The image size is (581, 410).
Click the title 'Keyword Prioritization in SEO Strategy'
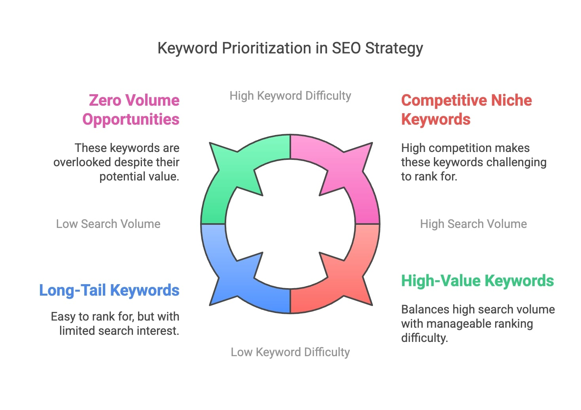pyautogui.click(x=290, y=48)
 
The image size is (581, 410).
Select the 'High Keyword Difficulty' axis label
pyautogui.click(x=290, y=96)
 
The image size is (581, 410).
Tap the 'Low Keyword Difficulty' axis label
pyautogui.click(x=290, y=352)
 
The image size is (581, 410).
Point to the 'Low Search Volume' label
pyautogui.click(x=108, y=224)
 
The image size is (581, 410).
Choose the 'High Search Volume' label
pyautogui.click(x=473, y=224)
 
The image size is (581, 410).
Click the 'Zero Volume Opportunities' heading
pyautogui.click(x=131, y=110)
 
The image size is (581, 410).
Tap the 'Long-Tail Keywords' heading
pyautogui.click(x=109, y=290)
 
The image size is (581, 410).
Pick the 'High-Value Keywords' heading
pyautogui.click(x=477, y=281)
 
